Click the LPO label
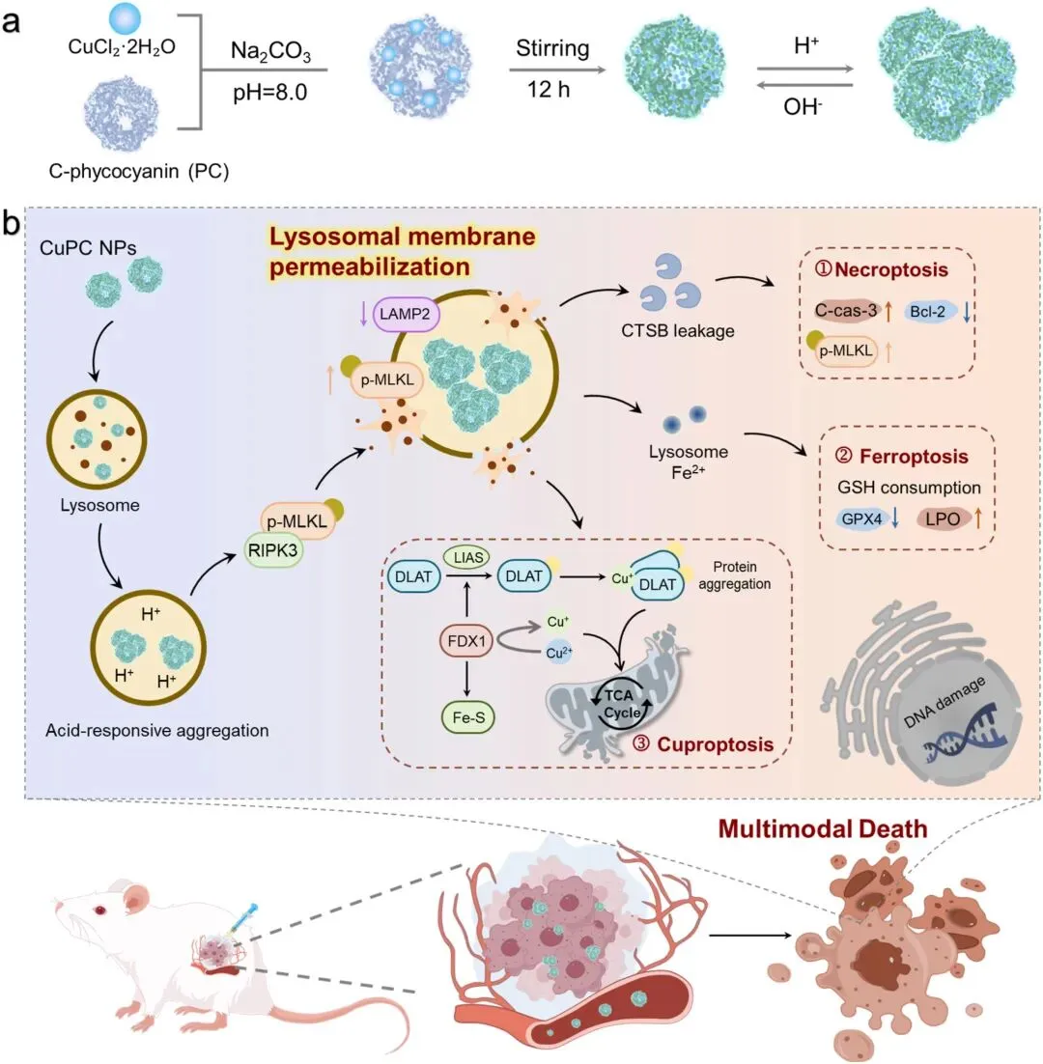[x=946, y=518]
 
